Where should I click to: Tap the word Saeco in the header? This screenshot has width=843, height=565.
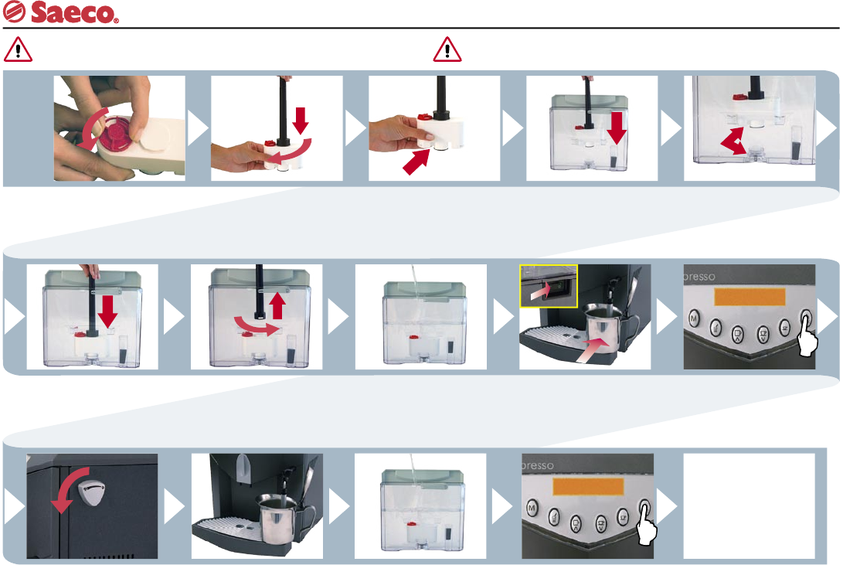point(74,14)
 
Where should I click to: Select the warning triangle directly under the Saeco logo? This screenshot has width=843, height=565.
point(18,50)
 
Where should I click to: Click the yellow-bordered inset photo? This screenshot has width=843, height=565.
point(549,285)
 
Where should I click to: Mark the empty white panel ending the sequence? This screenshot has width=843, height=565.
point(749,506)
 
